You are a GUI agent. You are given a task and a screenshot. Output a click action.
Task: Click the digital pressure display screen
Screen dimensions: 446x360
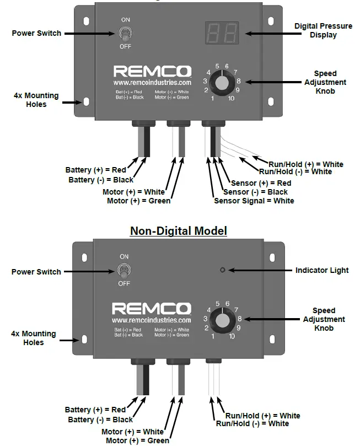(222, 33)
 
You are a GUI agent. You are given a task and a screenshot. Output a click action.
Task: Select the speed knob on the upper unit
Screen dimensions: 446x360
(221, 83)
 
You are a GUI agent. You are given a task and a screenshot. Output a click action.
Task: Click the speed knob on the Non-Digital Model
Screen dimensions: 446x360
(221, 319)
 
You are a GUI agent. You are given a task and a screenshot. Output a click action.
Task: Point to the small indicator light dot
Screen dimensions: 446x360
(222, 270)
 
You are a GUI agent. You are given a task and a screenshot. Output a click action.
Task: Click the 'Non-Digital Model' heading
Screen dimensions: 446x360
(178, 231)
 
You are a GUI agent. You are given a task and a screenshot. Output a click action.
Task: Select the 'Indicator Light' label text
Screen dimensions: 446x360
(322, 270)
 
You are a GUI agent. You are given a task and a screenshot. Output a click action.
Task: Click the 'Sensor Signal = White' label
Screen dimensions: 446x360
(254, 201)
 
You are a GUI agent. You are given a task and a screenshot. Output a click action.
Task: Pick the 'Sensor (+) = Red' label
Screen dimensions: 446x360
(261, 183)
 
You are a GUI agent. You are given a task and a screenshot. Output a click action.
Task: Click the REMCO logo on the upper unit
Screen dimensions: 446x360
(152, 72)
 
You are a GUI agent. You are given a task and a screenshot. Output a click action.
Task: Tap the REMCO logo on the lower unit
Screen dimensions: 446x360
(151, 309)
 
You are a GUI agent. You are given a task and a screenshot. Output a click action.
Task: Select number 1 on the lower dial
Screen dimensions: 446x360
(213, 335)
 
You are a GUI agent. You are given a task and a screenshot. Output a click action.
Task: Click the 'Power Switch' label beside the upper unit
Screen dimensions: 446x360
(36, 33)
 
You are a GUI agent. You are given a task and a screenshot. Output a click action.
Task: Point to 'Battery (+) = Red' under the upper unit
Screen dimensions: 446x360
(95, 170)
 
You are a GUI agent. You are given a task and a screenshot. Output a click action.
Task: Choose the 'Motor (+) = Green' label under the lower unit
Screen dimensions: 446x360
(137, 440)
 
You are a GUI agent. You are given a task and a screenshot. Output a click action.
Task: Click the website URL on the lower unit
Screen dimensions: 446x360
(151, 320)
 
